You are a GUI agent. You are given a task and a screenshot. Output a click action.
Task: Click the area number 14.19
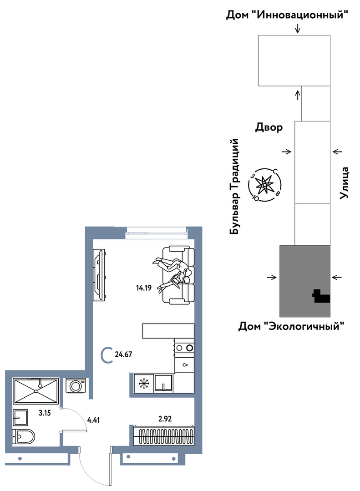(x=144, y=288)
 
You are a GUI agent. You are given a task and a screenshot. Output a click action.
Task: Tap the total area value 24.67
(x=123, y=354)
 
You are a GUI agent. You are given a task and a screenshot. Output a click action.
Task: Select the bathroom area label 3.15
(x=45, y=413)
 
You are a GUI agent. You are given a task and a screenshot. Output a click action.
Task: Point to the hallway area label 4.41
(x=93, y=420)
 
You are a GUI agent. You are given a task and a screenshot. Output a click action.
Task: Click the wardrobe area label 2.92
(x=165, y=419)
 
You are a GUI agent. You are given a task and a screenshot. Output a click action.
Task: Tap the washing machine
(x=76, y=385)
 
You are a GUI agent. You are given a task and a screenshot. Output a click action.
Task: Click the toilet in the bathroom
(x=24, y=436)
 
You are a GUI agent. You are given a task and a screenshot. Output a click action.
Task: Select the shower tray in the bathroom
(x=36, y=391)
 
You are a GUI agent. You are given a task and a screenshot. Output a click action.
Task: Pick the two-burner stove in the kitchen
(x=184, y=347)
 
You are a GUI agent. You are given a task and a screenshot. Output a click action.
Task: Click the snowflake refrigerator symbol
(x=144, y=383)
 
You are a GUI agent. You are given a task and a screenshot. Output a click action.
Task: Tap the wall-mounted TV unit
(x=99, y=275)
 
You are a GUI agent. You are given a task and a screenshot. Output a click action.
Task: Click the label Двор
(x=269, y=127)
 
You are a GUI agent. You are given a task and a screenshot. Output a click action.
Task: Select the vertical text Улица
(x=344, y=183)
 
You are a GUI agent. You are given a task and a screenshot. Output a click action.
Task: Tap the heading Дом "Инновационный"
(x=287, y=15)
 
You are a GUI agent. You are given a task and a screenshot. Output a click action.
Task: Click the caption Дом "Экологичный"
(x=291, y=326)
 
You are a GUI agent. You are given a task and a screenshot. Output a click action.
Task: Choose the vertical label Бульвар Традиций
(x=235, y=187)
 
